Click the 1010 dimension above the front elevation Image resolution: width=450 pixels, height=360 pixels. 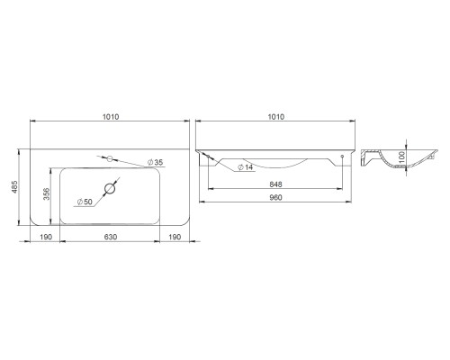coord(277,117)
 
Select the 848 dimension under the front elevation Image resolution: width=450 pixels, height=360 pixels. coord(276,184)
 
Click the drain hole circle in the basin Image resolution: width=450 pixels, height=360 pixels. coord(112,188)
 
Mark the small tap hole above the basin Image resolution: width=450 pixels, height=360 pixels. coord(112,158)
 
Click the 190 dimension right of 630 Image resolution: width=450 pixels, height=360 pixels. coord(176,238)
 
